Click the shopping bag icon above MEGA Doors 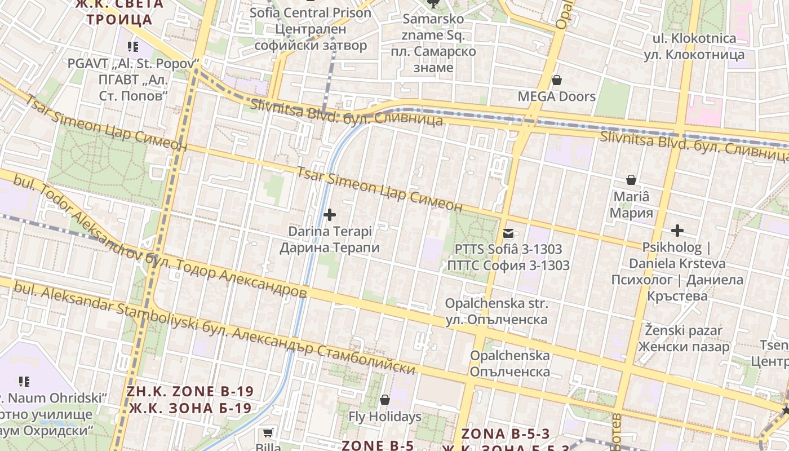click(557, 80)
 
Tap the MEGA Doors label click(557, 96)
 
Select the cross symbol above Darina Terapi click(330, 215)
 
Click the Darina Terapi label click(330, 240)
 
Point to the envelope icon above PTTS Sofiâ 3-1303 click(508, 233)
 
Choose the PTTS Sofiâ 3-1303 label click(508, 257)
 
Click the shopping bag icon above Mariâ click(631, 180)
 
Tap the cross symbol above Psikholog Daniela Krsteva click(677, 231)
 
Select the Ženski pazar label click(684, 338)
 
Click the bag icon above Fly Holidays click(385, 400)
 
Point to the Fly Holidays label click(385, 417)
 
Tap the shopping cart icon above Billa click(268, 433)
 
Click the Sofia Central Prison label click(311, 28)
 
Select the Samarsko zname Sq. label click(433, 43)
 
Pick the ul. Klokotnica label click(694, 46)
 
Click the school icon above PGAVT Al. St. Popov click(133, 47)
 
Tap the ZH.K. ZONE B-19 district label click(190, 399)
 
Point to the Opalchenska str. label click(496, 311)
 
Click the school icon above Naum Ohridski click(24, 382)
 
